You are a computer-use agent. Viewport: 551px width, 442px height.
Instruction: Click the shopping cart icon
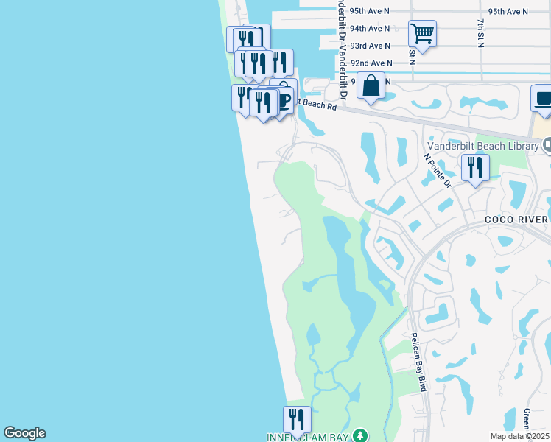[422, 33]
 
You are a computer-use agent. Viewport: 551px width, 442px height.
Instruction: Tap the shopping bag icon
[372, 85]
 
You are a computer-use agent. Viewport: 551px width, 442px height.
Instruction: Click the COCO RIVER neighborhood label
[516, 220]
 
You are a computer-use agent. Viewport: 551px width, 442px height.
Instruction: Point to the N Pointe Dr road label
[437, 170]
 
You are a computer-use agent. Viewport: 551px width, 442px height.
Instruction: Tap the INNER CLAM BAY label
[306, 438]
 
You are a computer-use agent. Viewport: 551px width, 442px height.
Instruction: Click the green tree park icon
[359, 436]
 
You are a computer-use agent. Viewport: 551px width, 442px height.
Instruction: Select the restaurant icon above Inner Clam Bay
[297, 419]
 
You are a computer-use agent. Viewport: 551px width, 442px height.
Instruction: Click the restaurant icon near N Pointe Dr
[475, 168]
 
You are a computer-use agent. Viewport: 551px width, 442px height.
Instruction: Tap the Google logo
[24, 433]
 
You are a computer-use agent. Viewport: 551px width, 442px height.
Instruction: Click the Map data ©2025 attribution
[520, 436]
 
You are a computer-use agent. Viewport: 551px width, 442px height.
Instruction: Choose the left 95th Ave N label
[370, 11]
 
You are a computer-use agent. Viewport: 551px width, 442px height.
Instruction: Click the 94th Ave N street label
[370, 29]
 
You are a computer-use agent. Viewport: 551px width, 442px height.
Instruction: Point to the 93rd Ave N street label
[370, 46]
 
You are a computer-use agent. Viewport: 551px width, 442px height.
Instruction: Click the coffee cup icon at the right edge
[543, 99]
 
